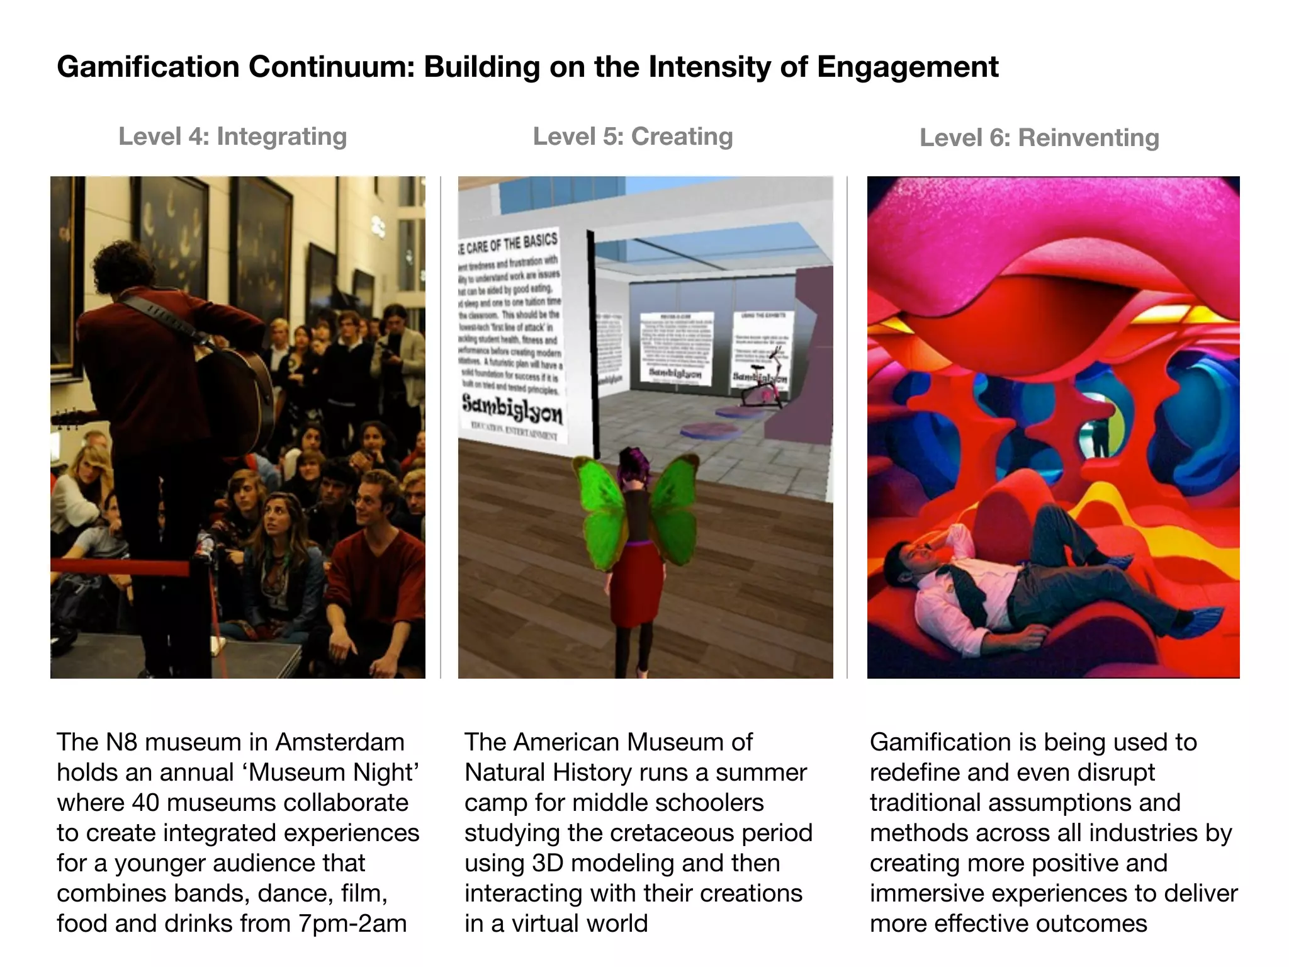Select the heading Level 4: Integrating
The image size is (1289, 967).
point(232,137)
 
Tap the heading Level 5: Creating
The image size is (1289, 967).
point(633,137)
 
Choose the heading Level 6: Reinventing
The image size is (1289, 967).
point(1039,138)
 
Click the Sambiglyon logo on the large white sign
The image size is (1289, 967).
point(512,410)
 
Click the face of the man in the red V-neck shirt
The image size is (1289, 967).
point(371,498)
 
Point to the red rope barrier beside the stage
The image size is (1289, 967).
point(120,567)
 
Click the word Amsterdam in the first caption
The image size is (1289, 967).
point(340,742)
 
